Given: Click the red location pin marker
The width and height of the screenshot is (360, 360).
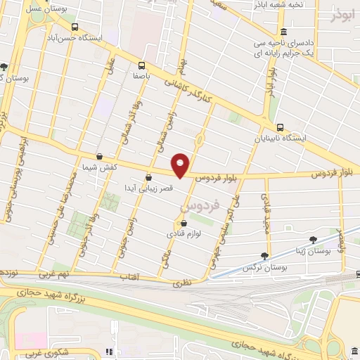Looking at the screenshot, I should point(181,165).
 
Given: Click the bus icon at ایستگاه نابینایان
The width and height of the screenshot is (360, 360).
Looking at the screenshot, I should point(281,127).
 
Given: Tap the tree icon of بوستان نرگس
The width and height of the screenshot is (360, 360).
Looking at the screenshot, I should point(264,256).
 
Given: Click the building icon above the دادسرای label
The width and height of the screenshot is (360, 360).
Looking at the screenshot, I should point(283,32).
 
